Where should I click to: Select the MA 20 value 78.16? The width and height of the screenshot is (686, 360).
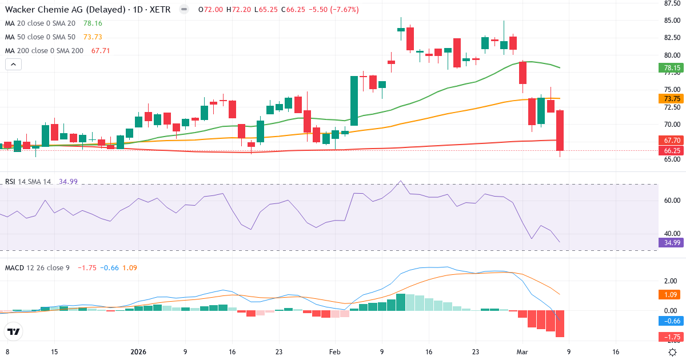pyautogui.click(x=93, y=23)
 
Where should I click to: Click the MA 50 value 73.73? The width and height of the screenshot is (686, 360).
pyautogui.click(x=93, y=37)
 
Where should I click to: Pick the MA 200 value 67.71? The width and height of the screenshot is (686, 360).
pyautogui.click(x=101, y=50)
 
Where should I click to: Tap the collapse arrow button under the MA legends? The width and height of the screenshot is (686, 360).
pyautogui.click(x=13, y=64)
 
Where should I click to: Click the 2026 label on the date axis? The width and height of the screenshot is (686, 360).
pyautogui.click(x=138, y=352)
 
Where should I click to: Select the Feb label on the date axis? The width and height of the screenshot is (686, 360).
pyautogui.click(x=335, y=352)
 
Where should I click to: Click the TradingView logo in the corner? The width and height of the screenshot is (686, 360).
pyautogui.click(x=13, y=331)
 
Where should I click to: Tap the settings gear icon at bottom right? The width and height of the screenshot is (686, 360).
pyautogui.click(x=673, y=352)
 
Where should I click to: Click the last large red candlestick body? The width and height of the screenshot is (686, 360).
pyautogui.click(x=560, y=130)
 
